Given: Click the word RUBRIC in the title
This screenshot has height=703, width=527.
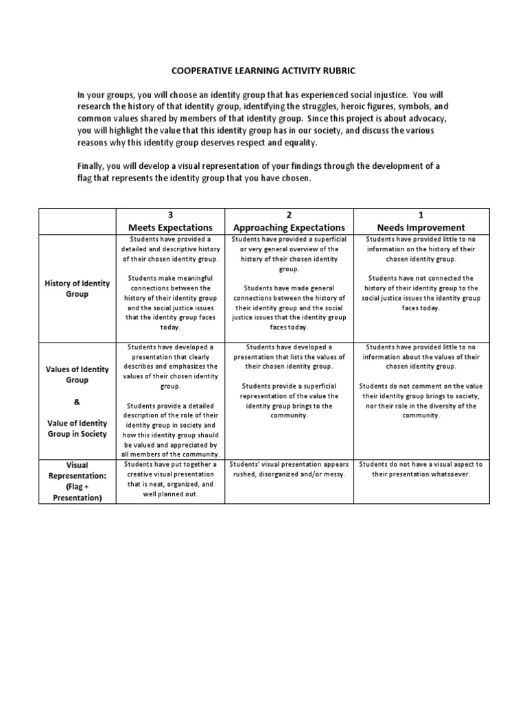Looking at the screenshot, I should tap(337, 70).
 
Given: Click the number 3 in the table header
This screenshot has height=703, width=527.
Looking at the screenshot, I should tap(171, 215).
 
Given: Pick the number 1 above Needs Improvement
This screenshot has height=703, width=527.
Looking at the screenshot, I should tap(421, 215).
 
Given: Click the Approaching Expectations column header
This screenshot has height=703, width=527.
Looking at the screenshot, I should tap(289, 227).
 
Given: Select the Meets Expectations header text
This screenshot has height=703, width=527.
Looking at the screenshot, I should tap(171, 227).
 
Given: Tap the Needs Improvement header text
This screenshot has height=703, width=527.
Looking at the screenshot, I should tap(421, 227).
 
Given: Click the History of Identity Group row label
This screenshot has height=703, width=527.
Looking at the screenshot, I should tap(77, 288).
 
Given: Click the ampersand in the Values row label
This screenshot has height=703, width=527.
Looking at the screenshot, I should tap(77, 402).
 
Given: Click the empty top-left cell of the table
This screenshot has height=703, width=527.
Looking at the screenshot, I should tap(77, 221).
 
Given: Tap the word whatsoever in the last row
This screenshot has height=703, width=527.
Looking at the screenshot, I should tap(447, 474).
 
